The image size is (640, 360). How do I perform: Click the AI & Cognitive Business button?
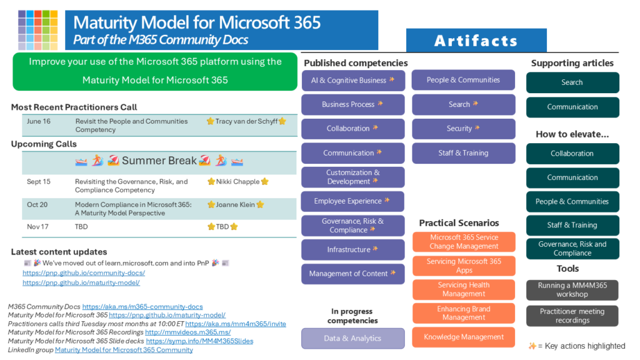353,81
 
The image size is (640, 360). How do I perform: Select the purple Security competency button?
463,129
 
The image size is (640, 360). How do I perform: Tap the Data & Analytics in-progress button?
353,338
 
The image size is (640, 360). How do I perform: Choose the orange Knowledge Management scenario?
464,337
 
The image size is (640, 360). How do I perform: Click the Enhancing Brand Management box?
464,313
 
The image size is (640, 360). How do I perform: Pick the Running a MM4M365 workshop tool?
572,290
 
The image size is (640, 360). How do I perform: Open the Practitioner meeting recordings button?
572,316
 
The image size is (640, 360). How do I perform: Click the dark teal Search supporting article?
572,82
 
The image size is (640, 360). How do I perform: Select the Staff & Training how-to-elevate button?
572,225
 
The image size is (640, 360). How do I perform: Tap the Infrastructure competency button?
353,249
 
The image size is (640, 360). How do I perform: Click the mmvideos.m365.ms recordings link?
187,332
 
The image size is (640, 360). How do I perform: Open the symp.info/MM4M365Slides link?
199,341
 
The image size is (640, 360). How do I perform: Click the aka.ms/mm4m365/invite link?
236,324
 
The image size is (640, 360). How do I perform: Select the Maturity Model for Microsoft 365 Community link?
124,350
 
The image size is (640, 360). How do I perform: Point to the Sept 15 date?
39,182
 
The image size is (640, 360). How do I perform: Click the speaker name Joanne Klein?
236,204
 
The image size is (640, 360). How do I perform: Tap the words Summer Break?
159,161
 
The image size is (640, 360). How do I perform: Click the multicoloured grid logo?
38,30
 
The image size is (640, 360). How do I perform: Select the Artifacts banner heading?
476,41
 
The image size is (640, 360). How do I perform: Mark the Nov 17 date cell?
37,226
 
